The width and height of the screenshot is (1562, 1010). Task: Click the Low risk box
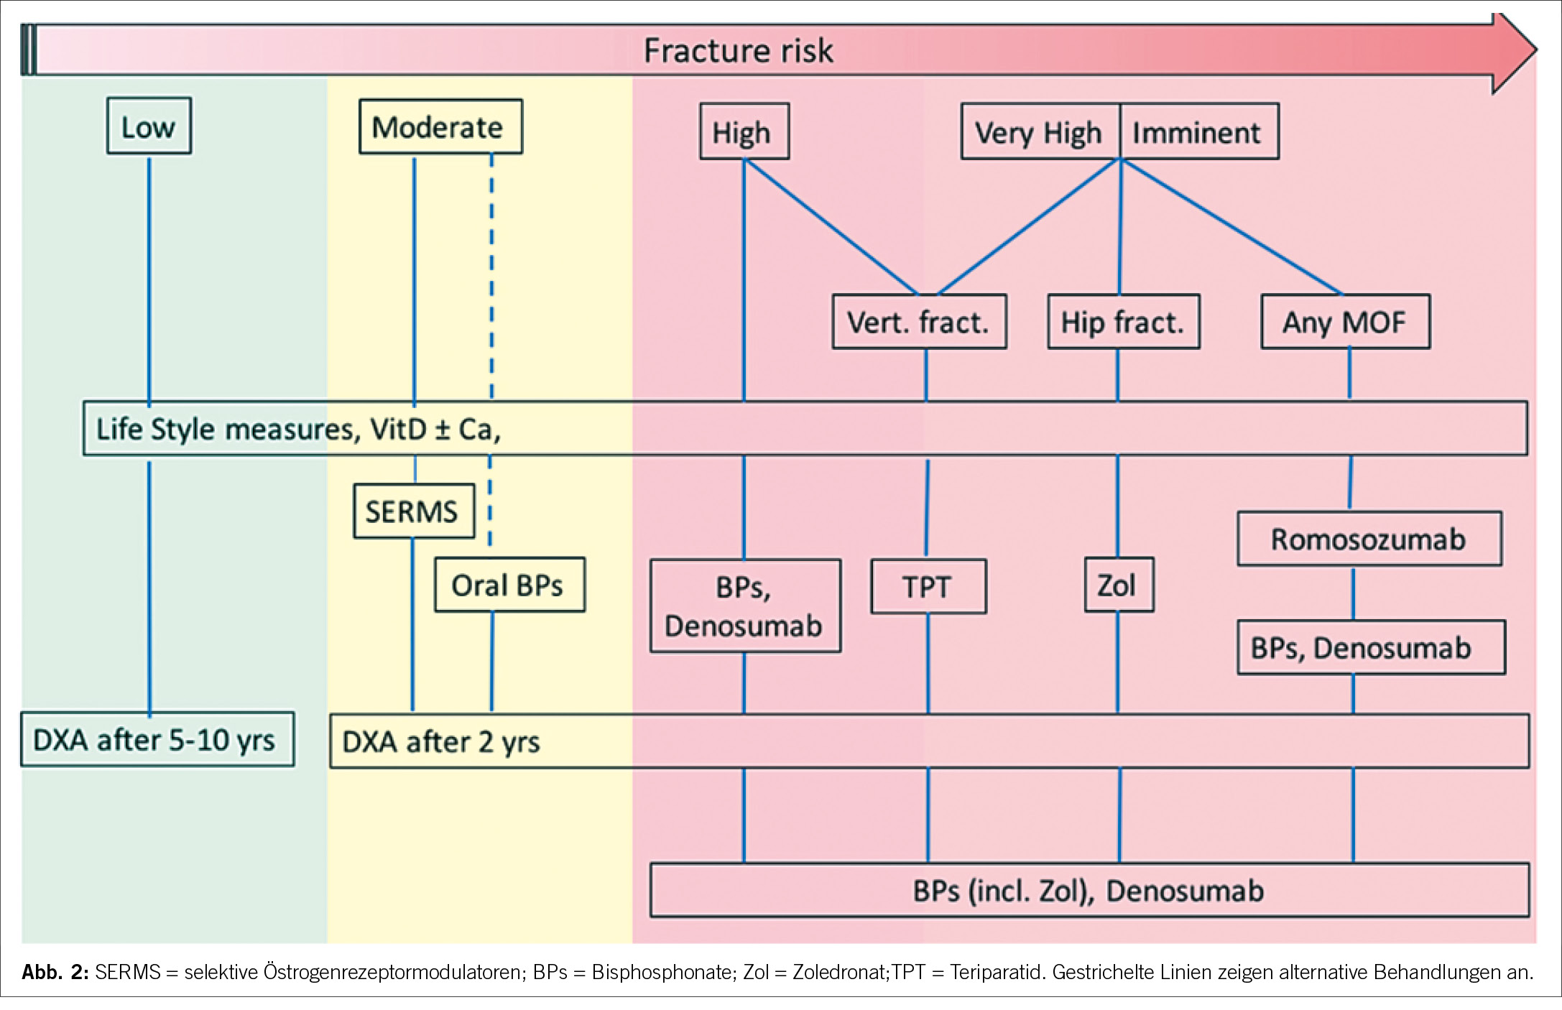(149, 126)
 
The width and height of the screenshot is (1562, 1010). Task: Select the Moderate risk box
(440, 126)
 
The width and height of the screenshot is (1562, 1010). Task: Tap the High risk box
(744, 131)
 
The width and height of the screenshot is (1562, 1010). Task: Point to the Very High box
(1040, 131)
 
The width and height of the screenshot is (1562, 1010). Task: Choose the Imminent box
(1199, 131)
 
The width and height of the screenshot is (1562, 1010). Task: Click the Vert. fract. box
(919, 322)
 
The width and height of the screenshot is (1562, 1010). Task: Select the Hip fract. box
(1124, 322)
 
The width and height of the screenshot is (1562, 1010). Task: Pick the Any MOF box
(1345, 322)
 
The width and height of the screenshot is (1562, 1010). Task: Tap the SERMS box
(414, 511)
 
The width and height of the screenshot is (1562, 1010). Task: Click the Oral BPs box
(509, 585)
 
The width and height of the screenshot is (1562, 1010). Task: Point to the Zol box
(1119, 585)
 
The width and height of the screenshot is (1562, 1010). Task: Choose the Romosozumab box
(1369, 539)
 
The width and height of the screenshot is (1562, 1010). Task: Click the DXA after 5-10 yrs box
(157, 739)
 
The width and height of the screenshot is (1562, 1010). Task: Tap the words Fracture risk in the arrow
(738, 51)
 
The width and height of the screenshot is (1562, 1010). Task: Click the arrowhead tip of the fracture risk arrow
(1537, 50)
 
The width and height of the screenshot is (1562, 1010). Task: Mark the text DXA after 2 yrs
(440, 742)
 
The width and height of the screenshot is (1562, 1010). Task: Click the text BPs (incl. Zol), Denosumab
(1088, 891)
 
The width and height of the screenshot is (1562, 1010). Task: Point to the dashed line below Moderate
(491, 276)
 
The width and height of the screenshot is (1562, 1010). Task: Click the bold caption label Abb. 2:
(55, 973)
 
